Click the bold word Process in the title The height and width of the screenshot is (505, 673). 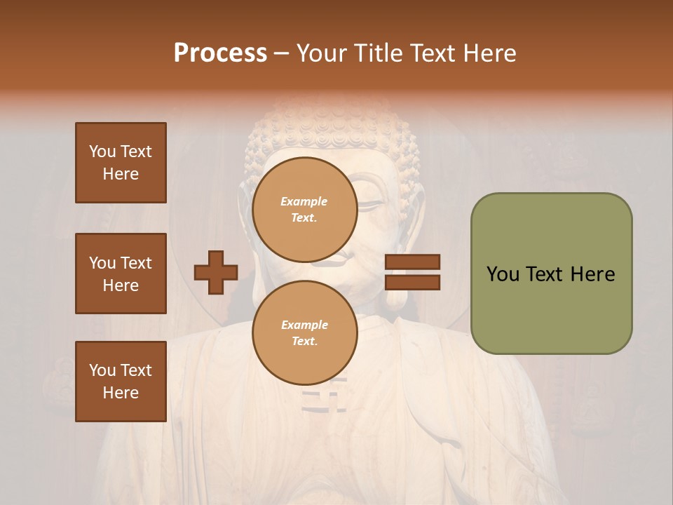click(x=220, y=53)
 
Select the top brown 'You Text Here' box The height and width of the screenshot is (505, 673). click(x=121, y=163)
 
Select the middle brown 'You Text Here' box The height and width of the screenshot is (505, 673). click(x=121, y=274)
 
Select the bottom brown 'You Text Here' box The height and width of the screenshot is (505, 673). click(x=121, y=382)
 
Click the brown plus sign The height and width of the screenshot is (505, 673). click(x=216, y=272)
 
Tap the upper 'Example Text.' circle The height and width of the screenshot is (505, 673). click(x=304, y=210)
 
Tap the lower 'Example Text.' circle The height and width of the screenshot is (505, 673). click(x=304, y=333)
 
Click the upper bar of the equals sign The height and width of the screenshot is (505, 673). click(x=412, y=262)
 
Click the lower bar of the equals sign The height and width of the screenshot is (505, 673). click(x=412, y=283)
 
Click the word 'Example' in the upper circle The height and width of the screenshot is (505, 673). click(x=304, y=201)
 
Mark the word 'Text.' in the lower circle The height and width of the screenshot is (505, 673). click(x=304, y=342)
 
